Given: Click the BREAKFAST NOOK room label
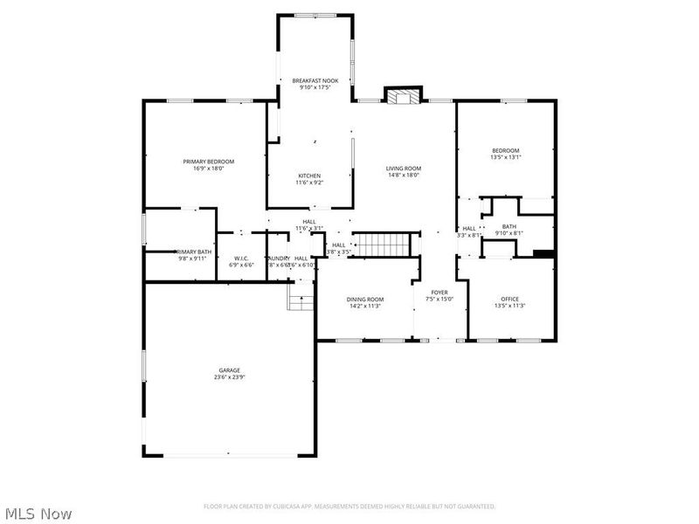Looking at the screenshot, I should (x=315, y=80).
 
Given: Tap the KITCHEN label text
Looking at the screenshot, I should (x=309, y=176).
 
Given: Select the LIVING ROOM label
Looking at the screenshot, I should (x=404, y=168).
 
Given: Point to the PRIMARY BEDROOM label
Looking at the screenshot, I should (x=208, y=162).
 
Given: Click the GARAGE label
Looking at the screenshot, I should (x=229, y=370).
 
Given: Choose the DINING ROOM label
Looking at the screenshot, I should (x=365, y=300).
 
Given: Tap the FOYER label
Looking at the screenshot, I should (x=439, y=293).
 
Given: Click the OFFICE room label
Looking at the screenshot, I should (x=509, y=300).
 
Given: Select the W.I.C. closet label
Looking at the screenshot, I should (x=242, y=258).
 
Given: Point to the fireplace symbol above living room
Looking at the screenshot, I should (x=403, y=96).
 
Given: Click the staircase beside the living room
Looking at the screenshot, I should (x=384, y=245).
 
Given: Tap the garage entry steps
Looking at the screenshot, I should (x=301, y=302).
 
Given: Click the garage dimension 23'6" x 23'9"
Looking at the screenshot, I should (x=229, y=377).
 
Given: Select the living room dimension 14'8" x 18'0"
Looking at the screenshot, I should (x=404, y=175).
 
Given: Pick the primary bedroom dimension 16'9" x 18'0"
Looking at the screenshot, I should (x=208, y=169).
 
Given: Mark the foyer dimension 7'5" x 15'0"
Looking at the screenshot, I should (x=439, y=300).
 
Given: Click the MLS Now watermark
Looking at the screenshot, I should (x=38, y=514).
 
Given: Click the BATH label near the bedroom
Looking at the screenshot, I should (x=509, y=226).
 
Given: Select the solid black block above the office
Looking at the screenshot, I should (x=543, y=254).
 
